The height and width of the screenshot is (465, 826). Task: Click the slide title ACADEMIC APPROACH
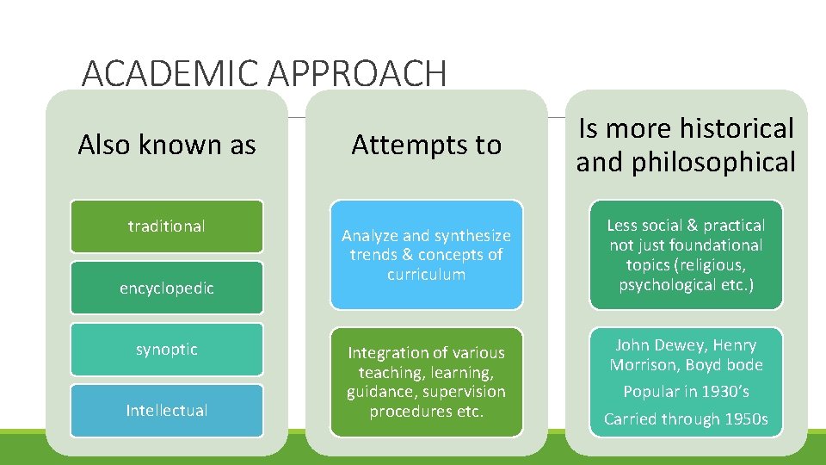click(264, 75)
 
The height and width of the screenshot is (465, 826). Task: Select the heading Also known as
click(167, 145)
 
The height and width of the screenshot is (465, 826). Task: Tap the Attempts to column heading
click(426, 145)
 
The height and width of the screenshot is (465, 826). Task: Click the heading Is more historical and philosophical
click(686, 145)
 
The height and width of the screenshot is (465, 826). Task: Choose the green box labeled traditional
click(167, 226)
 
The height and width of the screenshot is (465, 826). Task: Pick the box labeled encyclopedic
click(167, 288)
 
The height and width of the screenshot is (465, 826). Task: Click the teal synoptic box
click(167, 349)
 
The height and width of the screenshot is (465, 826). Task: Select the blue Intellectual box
click(167, 411)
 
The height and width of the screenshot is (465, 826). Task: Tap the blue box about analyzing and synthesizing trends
click(426, 255)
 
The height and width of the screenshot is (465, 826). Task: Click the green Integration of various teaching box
click(426, 381)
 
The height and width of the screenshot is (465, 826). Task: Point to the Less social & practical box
click(686, 255)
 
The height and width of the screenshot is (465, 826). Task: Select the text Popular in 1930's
click(686, 392)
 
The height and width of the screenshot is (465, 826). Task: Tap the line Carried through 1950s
click(686, 419)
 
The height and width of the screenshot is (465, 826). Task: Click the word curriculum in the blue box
click(426, 275)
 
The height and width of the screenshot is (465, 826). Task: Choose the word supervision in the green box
click(463, 392)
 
